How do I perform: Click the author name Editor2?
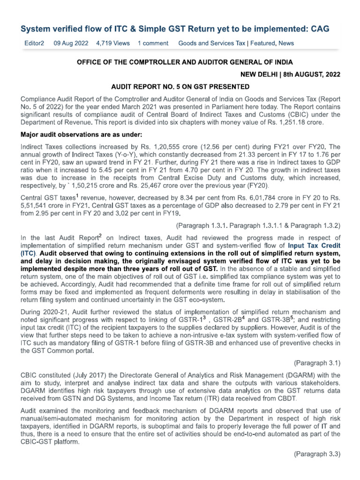tap(34, 43)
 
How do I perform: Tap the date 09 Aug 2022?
tap(71, 43)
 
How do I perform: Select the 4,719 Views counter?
tap(112, 43)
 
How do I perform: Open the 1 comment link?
tap(153, 43)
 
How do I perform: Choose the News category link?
tap(286, 43)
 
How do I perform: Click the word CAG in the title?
tap(318, 29)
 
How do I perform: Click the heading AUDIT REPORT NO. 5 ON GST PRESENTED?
tap(180, 87)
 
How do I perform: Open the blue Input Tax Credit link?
tap(314, 245)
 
